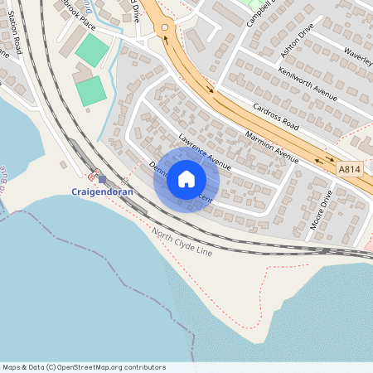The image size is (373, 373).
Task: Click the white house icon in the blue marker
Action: click(186, 179)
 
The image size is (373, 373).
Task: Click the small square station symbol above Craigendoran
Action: click(102, 178)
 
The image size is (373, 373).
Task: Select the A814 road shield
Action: click(350, 168)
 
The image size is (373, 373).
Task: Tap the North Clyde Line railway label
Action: click(182, 243)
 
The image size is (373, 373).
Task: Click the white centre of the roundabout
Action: click(164, 27)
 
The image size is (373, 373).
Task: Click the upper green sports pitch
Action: click(91, 50)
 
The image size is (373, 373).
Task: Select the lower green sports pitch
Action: click(91, 90)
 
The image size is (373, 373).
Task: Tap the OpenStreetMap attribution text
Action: click(84, 367)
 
